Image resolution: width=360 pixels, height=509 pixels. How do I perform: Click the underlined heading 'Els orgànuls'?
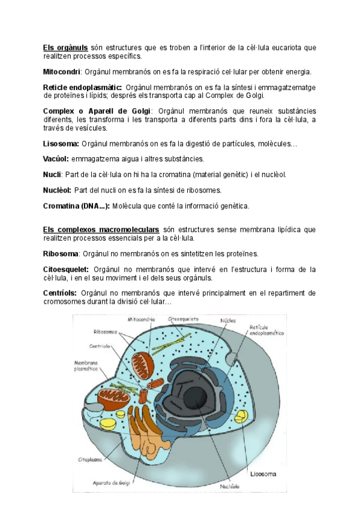tap(65, 47)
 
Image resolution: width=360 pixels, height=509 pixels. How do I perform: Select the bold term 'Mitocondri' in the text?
tap(61, 71)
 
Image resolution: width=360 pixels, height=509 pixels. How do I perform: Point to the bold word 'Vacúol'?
tap(56, 158)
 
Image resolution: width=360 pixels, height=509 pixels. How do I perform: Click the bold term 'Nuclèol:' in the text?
tap(58, 190)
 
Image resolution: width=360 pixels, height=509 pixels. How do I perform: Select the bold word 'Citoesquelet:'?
tap(66, 270)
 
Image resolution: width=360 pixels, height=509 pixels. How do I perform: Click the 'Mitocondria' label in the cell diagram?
tap(142, 319)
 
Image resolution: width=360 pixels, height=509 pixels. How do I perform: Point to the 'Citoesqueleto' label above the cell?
tap(183, 319)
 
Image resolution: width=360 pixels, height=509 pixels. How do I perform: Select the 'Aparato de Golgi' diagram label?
tap(111, 482)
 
